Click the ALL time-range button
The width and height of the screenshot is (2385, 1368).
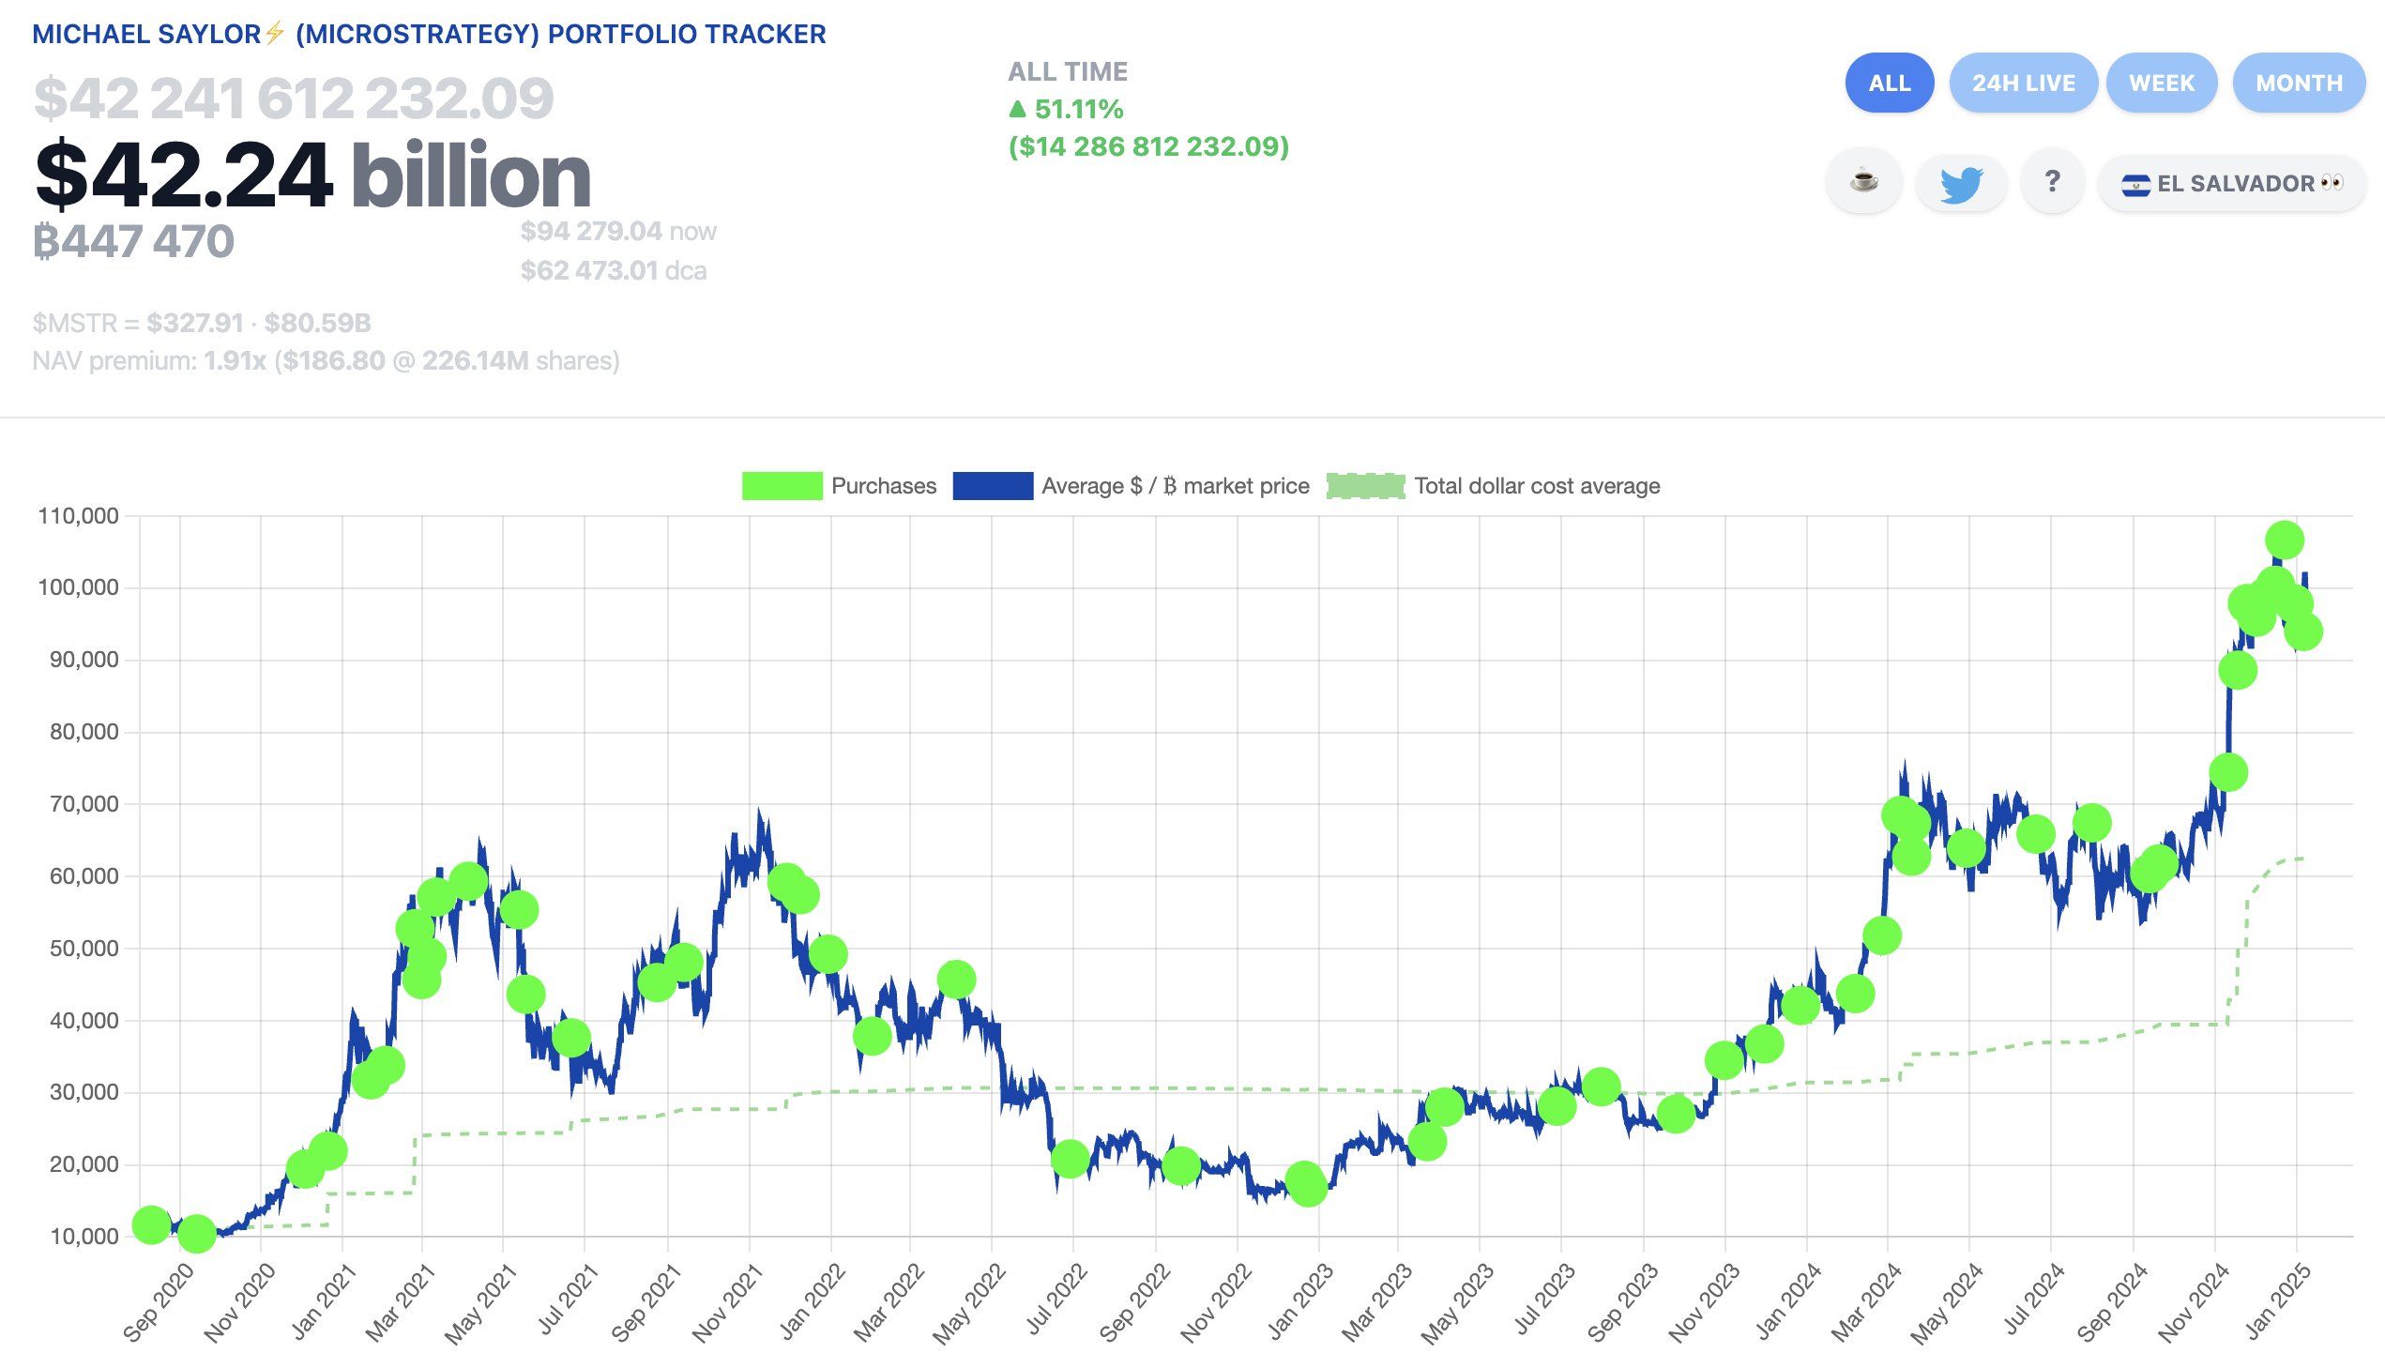click(x=1889, y=83)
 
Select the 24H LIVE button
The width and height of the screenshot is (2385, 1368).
click(x=2023, y=83)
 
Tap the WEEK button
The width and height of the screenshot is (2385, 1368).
click(x=2162, y=83)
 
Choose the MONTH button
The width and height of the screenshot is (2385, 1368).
click(x=2299, y=83)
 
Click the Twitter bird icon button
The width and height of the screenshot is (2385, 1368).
click(x=1960, y=183)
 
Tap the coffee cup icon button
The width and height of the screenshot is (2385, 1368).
click(x=1863, y=181)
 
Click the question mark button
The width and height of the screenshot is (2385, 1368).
click(x=2052, y=181)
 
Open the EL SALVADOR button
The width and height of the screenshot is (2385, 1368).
click(x=2232, y=183)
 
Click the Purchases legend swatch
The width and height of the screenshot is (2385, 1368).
click(x=782, y=486)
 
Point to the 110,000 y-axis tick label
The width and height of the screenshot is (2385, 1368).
click(x=78, y=516)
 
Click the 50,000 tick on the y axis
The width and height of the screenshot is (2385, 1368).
click(x=84, y=948)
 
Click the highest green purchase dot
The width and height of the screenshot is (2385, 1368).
click(x=2284, y=540)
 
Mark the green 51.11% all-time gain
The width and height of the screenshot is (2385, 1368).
click(x=1077, y=109)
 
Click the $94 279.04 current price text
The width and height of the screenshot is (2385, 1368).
click(x=592, y=231)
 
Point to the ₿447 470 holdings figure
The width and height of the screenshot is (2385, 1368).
click(x=133, y=241)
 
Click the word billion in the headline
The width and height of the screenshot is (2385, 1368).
click(x=471, y=175)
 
